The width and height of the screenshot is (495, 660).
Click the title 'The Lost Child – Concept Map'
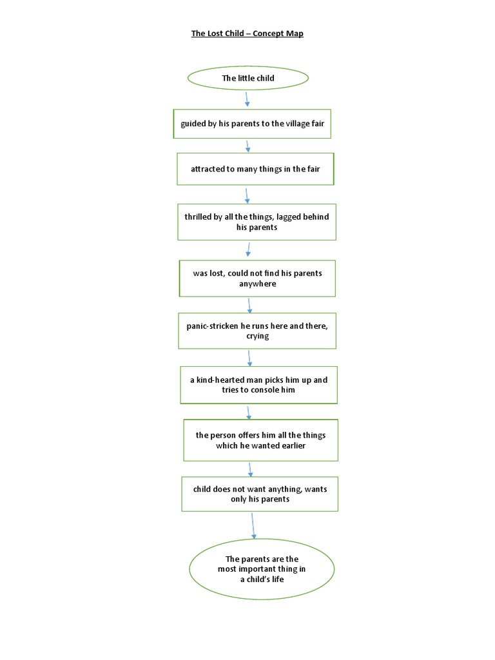247,34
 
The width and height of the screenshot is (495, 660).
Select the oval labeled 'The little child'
248,78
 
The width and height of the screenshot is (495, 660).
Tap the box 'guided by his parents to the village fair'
252,124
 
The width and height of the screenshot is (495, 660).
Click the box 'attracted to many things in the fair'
255,169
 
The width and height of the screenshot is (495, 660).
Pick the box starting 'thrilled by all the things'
257,222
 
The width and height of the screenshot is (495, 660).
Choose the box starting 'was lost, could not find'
257,278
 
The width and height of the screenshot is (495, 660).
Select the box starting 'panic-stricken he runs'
257,331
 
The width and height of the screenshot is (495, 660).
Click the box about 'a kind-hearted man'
258,385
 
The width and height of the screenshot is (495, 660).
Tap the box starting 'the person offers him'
260,440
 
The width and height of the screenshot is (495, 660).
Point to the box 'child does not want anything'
260,494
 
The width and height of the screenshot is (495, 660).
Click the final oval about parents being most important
262,569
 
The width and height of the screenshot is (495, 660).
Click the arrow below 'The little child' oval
247,99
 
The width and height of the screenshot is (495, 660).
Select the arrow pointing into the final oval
253,525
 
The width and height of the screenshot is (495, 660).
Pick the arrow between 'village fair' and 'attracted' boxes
248,146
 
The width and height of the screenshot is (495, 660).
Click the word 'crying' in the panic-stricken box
257,336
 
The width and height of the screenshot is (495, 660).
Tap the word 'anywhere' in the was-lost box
257,284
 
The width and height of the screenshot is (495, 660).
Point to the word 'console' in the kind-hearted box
271,391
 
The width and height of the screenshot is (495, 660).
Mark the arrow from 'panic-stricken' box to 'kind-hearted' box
249,357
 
